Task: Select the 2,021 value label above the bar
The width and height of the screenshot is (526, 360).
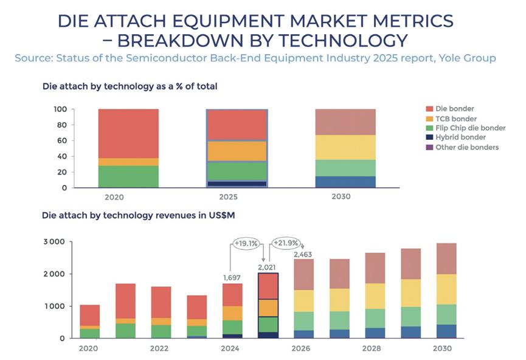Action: point(267,266)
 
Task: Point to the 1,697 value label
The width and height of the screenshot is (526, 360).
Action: point(231,278)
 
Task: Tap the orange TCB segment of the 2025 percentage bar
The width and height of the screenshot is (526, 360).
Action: point(237,151)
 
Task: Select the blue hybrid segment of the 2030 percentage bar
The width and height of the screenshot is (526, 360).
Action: point(345,181)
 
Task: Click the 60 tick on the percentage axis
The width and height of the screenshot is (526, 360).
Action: point(61,140)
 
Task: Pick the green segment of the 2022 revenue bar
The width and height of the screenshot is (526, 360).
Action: point(161,331)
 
